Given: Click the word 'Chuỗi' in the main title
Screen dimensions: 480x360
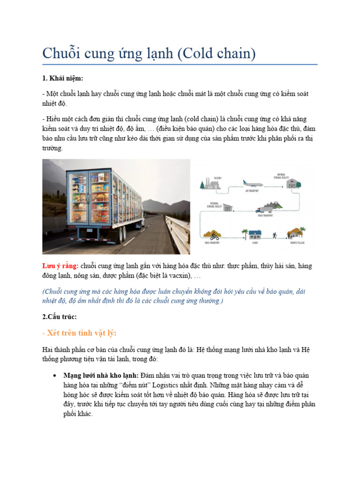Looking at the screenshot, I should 61,53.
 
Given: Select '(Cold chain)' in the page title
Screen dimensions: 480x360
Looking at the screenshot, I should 217,53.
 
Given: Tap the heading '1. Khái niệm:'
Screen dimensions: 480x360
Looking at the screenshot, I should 63,78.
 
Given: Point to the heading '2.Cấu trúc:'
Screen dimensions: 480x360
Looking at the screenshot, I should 59,316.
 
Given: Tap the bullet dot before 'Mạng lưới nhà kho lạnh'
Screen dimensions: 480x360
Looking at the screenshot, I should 55,376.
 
